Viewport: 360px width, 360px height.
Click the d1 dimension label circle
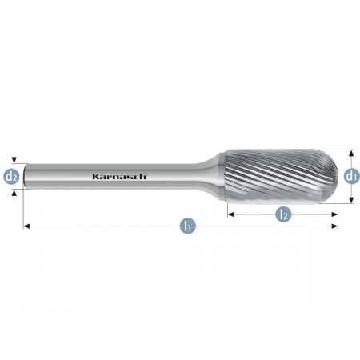pos(351,176)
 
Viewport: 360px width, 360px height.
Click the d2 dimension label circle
pos(11,177)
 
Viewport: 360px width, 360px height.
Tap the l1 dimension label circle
pos(188,226)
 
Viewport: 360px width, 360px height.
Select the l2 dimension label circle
pos(283,214)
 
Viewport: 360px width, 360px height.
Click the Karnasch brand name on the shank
pos(119,176)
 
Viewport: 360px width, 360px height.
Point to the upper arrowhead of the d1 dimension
pos(351,153)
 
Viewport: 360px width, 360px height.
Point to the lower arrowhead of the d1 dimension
pos(351,200)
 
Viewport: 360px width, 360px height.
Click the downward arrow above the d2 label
pos(14,158)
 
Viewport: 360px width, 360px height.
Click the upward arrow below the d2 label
pos(14,194)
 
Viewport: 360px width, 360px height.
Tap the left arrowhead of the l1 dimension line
pos(26,226)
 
